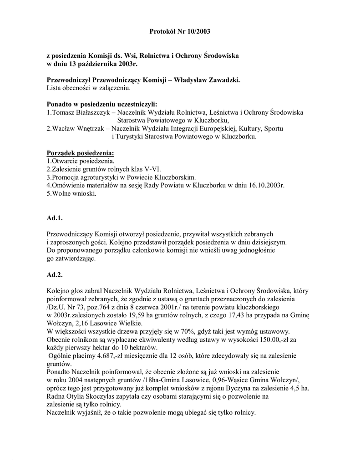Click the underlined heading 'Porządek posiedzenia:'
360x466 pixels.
[x=80, y=153]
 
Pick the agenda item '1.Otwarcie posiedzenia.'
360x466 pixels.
[x=81, y=161]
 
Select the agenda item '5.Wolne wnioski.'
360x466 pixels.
[x=71, y=193]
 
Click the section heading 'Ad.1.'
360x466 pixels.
[x=55, y=218]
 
